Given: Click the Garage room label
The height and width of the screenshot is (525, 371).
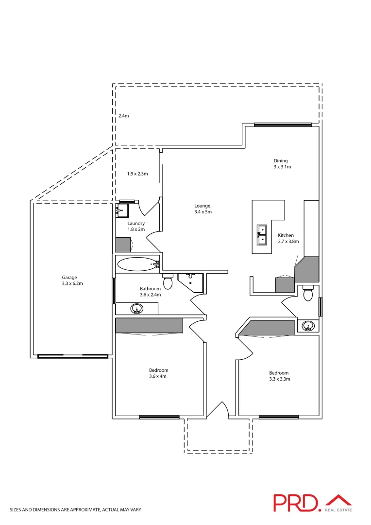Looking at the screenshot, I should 72,278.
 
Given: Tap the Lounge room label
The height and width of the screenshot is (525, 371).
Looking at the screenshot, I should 202,206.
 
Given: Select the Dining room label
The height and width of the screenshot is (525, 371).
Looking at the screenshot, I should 281,161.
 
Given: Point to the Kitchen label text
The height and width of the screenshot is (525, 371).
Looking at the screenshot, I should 286,235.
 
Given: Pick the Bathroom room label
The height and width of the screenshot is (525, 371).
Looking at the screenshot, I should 150,289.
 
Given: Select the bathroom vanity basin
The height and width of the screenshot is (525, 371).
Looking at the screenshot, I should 137,308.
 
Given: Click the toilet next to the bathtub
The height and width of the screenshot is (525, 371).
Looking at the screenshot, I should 168,282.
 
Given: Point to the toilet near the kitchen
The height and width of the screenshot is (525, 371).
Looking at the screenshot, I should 307,294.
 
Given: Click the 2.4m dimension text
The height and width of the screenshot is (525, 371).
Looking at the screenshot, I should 124,116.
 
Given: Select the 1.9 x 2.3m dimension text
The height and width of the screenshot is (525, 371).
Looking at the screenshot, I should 137,174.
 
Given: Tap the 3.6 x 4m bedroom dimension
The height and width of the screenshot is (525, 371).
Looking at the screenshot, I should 159,376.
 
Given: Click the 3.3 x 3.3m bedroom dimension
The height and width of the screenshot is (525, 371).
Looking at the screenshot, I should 279,379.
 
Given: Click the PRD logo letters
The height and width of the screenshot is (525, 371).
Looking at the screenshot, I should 296,503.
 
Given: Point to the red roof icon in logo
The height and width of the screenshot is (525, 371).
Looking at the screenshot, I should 338,500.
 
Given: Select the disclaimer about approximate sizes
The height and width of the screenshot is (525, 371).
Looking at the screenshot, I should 75,510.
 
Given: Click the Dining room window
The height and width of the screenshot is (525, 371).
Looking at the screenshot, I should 283,124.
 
